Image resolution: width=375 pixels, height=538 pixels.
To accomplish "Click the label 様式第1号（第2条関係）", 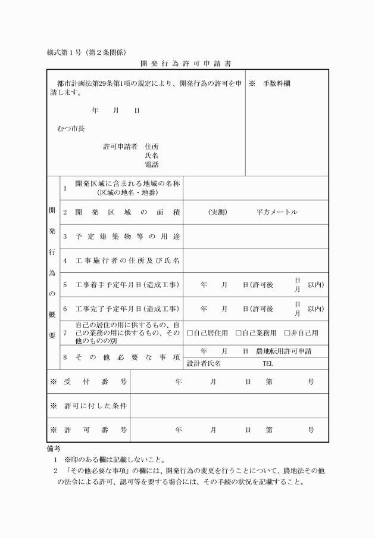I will tap(86, 52).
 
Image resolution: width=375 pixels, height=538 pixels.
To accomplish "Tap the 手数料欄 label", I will tap(277, 84).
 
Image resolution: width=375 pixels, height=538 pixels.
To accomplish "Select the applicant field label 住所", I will tap(151, 146).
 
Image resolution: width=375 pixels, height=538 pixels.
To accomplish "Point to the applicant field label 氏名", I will tap(151, 156).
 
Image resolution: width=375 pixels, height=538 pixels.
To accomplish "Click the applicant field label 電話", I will tap(151, 165).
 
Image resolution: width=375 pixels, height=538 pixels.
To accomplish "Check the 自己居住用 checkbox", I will tap(190, 333).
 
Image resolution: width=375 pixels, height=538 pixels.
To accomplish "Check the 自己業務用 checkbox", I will tap(238, 333).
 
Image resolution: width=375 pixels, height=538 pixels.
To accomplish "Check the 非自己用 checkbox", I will tap(287, 333).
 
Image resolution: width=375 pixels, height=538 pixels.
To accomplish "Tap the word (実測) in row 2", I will tap(217, 213).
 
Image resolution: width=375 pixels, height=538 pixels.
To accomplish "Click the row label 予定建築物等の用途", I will tap(127, 237).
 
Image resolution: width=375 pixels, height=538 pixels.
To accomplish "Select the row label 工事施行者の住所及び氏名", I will tap(127, 261).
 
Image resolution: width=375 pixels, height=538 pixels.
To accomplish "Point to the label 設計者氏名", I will tap(204, 363).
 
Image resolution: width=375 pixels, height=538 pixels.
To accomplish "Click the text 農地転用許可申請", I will tap(283, 352).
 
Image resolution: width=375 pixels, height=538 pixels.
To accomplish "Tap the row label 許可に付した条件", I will tap(96, 406).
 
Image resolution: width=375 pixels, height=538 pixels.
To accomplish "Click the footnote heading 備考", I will tap(54, 448).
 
